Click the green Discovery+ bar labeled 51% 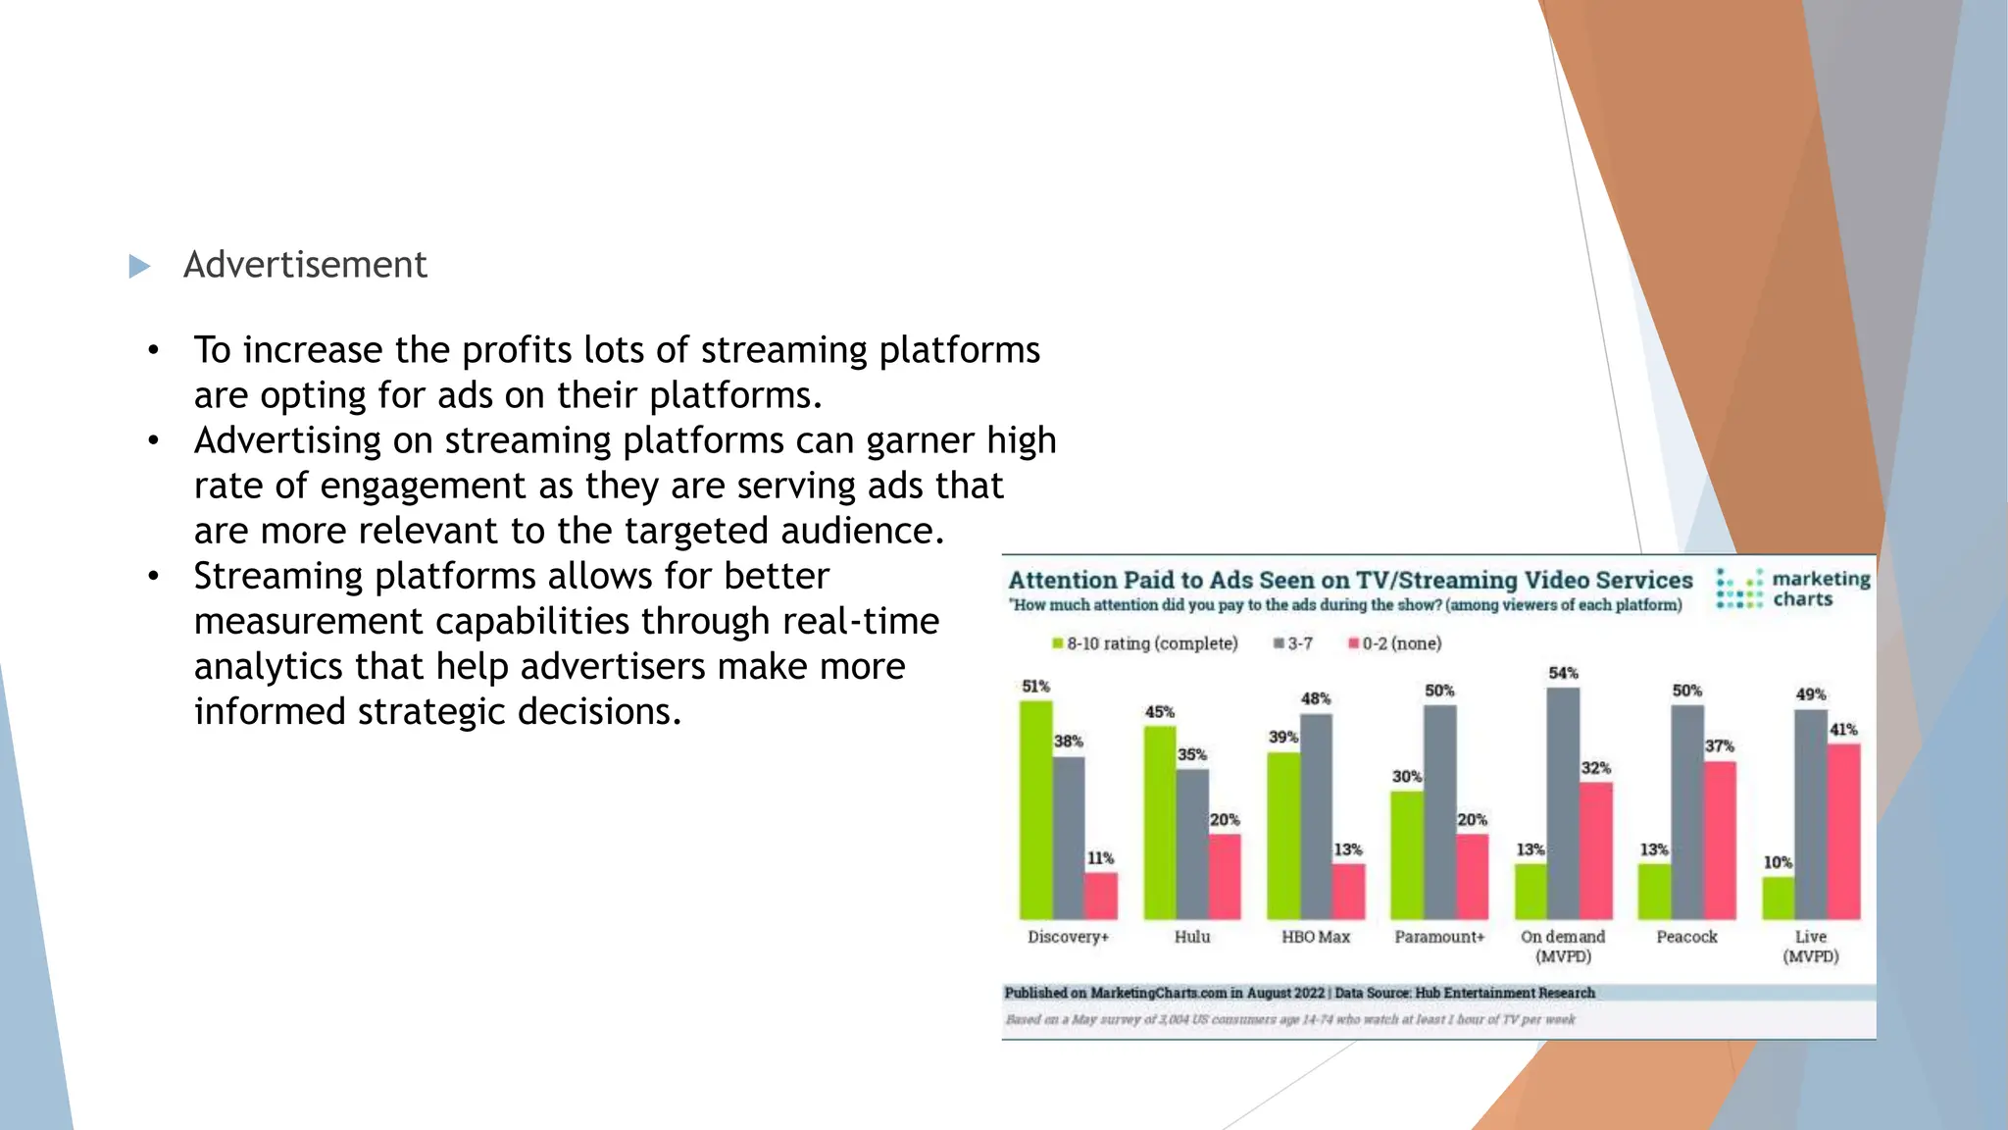pyautogui.click(x=1035, y=809)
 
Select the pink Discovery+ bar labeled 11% pyautogui.click(x=1100, y=896)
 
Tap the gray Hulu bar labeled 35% pyautogui.click(x=1192, y=844)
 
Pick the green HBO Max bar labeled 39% pyautogui.click(x=1283, y=835)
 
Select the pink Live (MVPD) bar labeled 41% pyautogui.click(x=1843, y=831)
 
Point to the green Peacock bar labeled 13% pyautogui.click(x=1654, y=891)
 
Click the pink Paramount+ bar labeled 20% pyautogui.click(x=1472, y=876)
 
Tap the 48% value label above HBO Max pyautogui.click(x=1316, y=698)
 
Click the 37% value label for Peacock pyautogui.click(x=1720, y=745)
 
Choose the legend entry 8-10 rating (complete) pyautogui.click(x=1144, y=643)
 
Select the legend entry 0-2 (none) pyautogui.click(x=1395, y=643)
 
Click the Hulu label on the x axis pyautogui.click(x=1192, y=937)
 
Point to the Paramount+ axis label pyautogui.click(x=1439, y=937)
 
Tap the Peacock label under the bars pyautogui.click(x=1686, y=937)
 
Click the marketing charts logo pyautogui.click(x=1793, y=590)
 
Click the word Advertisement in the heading pyautogui.click(x=305, y=265)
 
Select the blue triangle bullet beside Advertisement pyautogui.click(x=139, y=266)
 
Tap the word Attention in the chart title pyautogui.click(x=1063, y=581)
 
